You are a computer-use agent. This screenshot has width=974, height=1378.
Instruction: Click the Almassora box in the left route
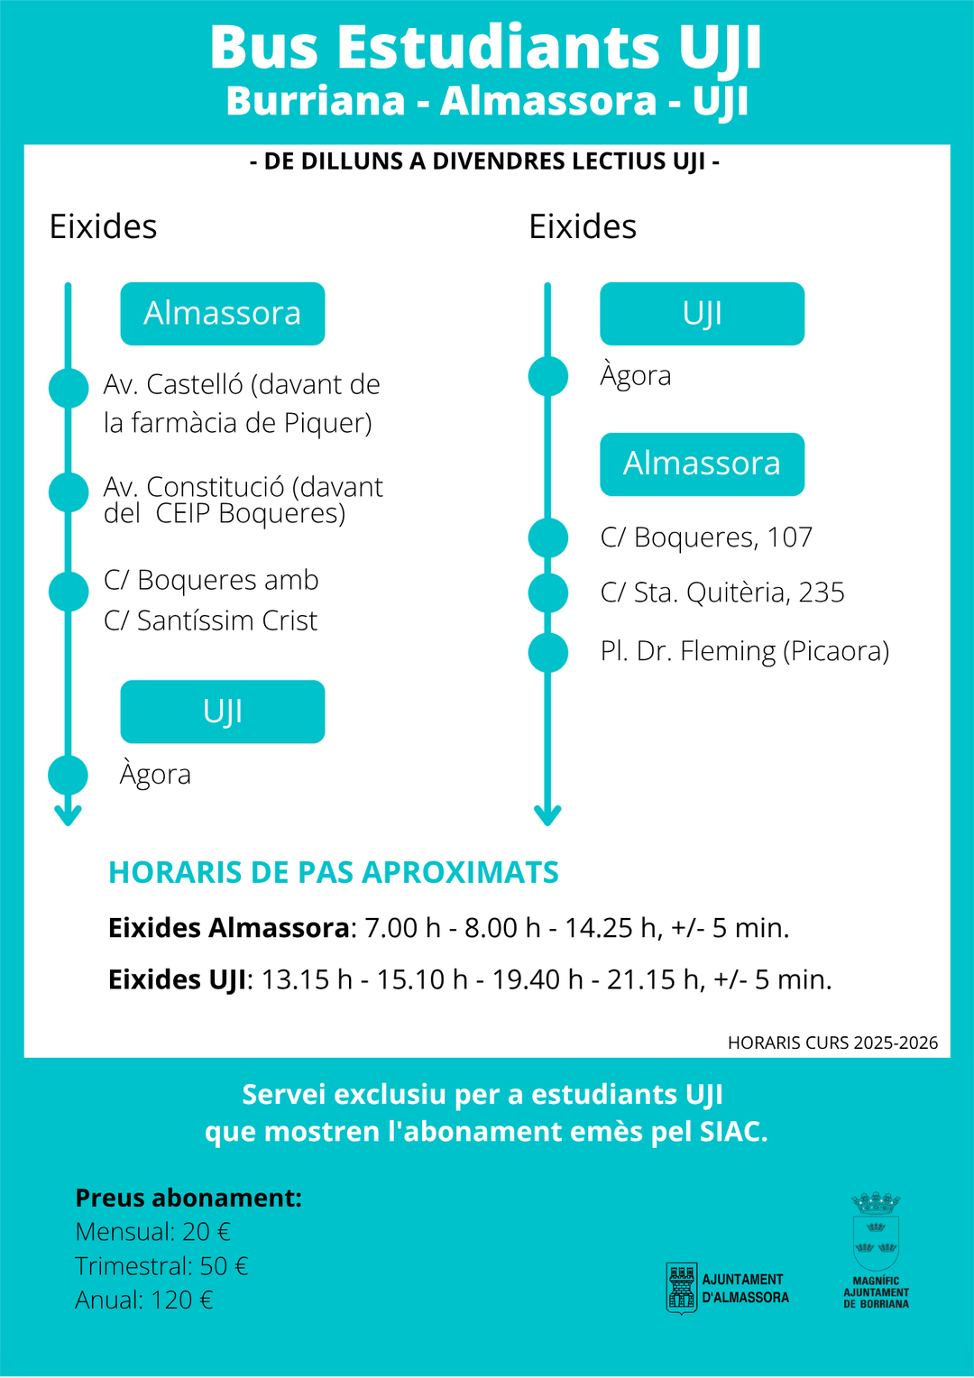(223, 314)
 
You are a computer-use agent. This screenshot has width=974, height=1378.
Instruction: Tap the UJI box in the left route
(223, 712)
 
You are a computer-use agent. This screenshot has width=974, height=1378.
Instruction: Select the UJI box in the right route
(702, 314)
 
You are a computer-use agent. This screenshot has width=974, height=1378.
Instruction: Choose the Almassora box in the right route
(702, 464)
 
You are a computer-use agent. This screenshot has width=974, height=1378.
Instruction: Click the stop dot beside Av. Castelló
(69, 388)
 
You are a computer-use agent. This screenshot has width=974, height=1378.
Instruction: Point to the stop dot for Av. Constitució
(69, 492)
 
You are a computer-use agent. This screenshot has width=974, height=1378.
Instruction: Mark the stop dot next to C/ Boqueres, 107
(548, 537)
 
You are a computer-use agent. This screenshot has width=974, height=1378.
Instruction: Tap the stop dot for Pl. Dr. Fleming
(548, 652)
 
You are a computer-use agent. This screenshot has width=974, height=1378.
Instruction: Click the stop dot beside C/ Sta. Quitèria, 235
(548, 593)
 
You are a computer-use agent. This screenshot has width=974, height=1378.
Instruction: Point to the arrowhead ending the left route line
(69, 814)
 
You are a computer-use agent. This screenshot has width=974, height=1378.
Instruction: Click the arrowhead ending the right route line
(548, 814)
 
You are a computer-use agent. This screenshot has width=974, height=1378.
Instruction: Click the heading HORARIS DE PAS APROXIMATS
(334, 873)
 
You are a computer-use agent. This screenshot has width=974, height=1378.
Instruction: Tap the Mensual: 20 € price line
(153, 1232)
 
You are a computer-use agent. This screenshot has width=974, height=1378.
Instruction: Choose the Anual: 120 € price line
(144, 1300)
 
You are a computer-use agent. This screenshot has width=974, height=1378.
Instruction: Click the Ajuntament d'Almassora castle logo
(682, 1289)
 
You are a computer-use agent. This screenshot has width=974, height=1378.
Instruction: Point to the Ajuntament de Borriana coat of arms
(876, 1232)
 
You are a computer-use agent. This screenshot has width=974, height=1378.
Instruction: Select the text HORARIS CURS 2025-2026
(832, 1043)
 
